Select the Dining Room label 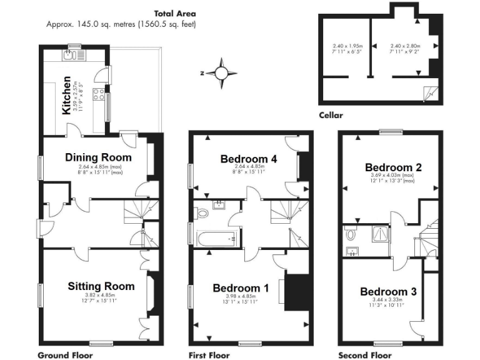coord(99,157)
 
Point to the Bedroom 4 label coord(249,159)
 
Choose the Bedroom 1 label coord(241,288)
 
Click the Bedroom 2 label coord(393,167)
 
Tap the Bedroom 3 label coord(388,292)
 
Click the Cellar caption coord(331,115)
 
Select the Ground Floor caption coord(66,355)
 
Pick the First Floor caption coord(209,355)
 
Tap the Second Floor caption coord(365,355)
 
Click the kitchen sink coord(69,55)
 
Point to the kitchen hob coord(99,95)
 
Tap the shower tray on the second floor coord(379,234)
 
